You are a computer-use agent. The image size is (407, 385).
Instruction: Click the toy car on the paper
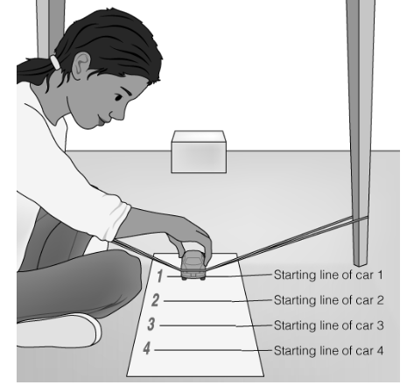click(193, 265)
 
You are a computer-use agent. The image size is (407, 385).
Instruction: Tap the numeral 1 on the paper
click(160, 276)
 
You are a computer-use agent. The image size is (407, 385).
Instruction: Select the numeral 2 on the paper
click(156, 300)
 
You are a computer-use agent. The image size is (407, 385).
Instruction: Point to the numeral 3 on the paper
click(151, 325)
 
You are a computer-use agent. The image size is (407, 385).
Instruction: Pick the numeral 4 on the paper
click(147, 348)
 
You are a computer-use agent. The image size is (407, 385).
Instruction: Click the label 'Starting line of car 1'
click(328, 275)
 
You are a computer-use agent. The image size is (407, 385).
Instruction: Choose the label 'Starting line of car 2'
click(328, 300)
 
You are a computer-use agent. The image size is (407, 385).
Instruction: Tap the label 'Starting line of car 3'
click(328, 325)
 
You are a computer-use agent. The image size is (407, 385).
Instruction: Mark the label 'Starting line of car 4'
click(328, 350)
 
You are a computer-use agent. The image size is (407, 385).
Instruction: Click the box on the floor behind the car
click(199, 152)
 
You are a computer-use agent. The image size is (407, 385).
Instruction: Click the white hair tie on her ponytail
click(54, 62)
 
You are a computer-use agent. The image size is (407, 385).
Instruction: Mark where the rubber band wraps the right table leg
click(360, 218)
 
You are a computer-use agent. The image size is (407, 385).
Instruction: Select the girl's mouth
click(102, 120)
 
